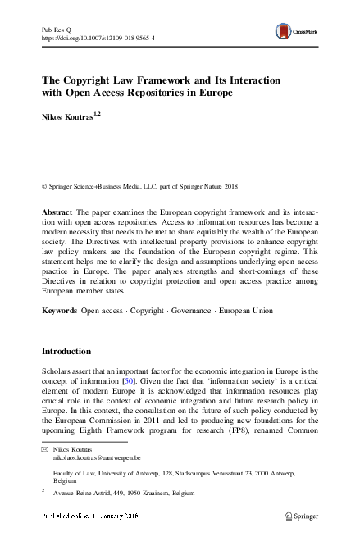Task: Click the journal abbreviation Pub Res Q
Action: point(57,30)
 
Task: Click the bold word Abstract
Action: point(58,212)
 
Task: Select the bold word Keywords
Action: point(60,311)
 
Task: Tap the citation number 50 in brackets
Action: point(128,382)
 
